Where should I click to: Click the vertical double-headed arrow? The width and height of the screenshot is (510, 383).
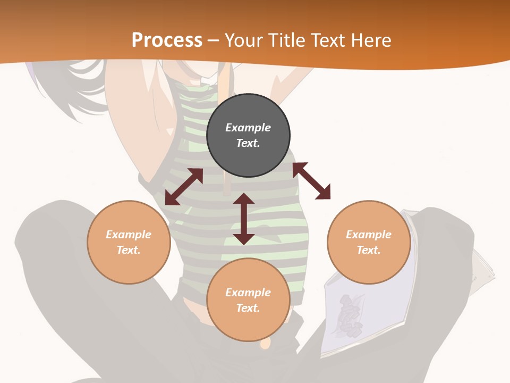pos(244,219)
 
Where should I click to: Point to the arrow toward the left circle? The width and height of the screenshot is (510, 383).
pos(184,187)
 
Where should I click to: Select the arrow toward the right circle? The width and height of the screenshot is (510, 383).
pos(311,181)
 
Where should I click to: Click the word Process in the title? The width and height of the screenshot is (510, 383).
pos(167,40)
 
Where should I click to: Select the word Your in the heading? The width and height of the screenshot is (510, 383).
pos(244,40)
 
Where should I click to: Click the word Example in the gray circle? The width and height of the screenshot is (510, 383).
pos(248,128)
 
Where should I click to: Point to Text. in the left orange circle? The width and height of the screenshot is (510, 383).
pos(129,250)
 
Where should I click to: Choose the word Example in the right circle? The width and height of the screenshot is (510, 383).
pos(369,235)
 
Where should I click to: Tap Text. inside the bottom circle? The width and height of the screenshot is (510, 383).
pos(248,308)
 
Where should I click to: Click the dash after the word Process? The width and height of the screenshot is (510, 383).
pos(214,40)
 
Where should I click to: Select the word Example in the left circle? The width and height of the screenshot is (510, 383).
pos(129,235)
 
